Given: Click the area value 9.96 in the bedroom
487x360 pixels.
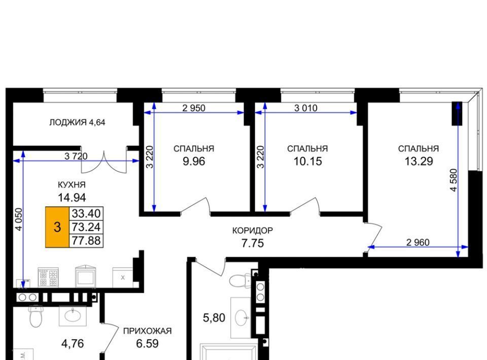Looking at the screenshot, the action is pyautogui.click(x=194, y=161).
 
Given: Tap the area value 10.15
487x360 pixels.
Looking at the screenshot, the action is pyautogui.click(x=308, y=161).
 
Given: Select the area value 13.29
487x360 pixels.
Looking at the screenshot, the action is pyautogui.click(x=419, y=161).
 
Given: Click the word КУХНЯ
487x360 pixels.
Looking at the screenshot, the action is pyautogui.click(x=72, y=185).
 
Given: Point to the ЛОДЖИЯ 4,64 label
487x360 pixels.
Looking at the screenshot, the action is pyautogui.click(x=77, y=122).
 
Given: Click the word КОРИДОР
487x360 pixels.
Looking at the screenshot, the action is pyautogui.click(x=253, y=231).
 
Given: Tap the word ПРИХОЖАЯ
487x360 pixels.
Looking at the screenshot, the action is pyautogui.click(x=148, y=331).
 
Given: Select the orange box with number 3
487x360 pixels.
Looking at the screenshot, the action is pyautogui.click(x=57, y=227).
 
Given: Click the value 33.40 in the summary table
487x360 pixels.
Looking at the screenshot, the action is pyautogui.click(x=86, y=213).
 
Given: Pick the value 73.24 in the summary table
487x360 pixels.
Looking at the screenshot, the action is pyautogui.click(x=86, y=227).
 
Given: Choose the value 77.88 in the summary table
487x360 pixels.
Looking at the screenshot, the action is pyautogui.click(x=86, y=240).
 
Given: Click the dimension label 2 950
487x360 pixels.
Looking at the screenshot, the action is pyautogui.click(x=194, y=108).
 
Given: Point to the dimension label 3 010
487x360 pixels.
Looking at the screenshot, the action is pyautogui.click(x=306, y=108).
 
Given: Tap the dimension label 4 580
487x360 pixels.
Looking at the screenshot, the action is pyautogui.click(x=454, y=180).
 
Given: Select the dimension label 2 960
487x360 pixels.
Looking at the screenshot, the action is pyautogui.click(x=418, y=242).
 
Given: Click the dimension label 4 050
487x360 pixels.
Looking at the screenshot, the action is pyautogui.click(x=19, y=219).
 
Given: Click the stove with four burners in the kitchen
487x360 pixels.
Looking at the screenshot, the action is pyautogui.click(x=48, y=277).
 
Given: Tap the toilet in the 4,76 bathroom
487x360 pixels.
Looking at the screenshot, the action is pyautogui.click(x=36, y=316).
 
